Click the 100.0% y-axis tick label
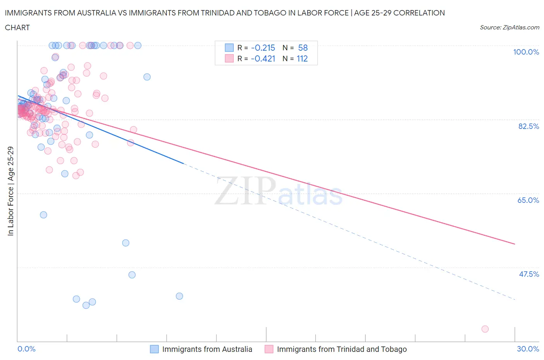pos(526,52)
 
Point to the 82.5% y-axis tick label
pos(529,126)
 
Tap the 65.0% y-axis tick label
pos(528,200)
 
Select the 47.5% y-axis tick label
pos(529,274)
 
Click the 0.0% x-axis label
pos(26,349)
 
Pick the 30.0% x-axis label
pos(528,349)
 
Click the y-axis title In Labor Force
pos(10,191)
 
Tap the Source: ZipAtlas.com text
pos(509,27)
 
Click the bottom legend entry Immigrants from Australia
pos(207,349)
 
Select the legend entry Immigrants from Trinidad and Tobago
pos(341,349)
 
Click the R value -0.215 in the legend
pos(263,48)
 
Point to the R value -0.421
pos(263,59)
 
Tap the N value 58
pos(303,48)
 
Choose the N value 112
pos(302,59)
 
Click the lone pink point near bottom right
pos(485,329)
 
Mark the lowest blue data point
pos(86,305)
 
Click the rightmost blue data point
pos(179,296)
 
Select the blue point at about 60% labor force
pos(43,215)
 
